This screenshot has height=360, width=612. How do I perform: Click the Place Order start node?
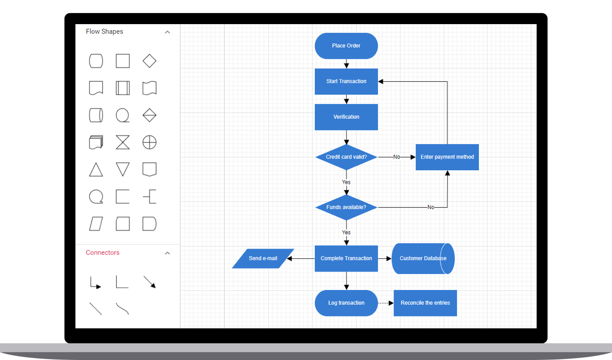click(x=346, y=46)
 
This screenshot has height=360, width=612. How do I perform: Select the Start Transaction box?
click(x=346, y=82)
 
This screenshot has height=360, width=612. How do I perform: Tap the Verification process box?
click(x=346, y=117)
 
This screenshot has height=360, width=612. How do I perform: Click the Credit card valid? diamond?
click(x=346, y=157)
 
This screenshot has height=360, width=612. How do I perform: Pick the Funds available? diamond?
click(x=346, y=207)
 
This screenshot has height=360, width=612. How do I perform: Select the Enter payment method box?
click(x=447, y=157)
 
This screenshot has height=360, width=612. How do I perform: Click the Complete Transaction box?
click(x=346, y=258)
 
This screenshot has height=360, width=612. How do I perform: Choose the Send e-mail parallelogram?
click(x=263, y=258)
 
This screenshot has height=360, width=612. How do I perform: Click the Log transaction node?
click(x=346, y=303)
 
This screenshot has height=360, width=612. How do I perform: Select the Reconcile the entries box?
click(x=425, y=303)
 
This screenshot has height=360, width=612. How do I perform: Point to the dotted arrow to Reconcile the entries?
click(x=385, y=303)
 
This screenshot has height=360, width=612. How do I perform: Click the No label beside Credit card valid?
click(x=396, y=157)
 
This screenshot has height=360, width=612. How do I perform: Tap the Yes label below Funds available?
click(x=346, y=232)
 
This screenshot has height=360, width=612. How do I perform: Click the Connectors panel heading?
click(x=102, y=253)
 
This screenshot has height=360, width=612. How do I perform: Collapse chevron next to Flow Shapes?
click(x=167, y=32)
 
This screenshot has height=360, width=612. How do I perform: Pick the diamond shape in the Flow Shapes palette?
click(x=149, y=61)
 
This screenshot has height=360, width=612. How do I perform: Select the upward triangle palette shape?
click(x=96, y=170)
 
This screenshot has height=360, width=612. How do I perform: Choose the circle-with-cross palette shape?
click(x=149, y=142)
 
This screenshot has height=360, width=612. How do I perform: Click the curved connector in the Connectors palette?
click(x=122, y=309)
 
